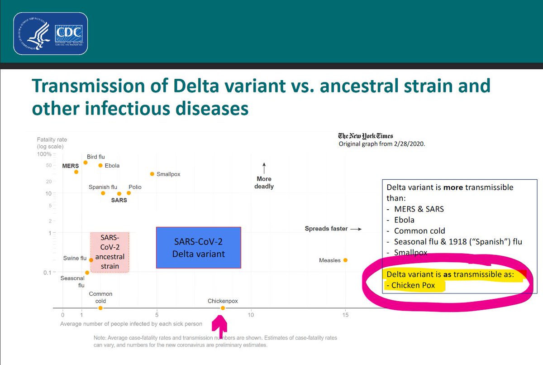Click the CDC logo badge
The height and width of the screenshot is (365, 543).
[50, 34]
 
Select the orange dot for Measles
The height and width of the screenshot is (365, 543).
[345, 260]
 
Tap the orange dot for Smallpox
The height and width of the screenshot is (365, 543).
[152, 174]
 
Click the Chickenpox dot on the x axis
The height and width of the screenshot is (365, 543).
[223, 308]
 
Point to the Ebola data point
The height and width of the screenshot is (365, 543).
[100, 165]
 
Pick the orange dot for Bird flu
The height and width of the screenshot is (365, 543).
[86, 163]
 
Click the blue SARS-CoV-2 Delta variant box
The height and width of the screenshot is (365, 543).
[199, 248]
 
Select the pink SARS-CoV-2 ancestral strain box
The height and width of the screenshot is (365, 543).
[110, 252]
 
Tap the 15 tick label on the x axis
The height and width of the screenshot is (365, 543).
[345, 315]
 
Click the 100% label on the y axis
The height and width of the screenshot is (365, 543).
[44, 154]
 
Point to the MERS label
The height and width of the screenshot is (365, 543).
[71, 166]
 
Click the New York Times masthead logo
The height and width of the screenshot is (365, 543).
[366, 136]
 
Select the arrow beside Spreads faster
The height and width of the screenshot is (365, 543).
[356, 229]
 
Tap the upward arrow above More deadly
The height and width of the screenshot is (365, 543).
[264, 168]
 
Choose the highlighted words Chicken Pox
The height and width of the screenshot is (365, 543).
[413, 285]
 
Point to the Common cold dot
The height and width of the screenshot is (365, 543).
[100, 308]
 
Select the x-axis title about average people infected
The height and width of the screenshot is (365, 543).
[131, 324]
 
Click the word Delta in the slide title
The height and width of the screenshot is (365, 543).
[196, 86]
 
